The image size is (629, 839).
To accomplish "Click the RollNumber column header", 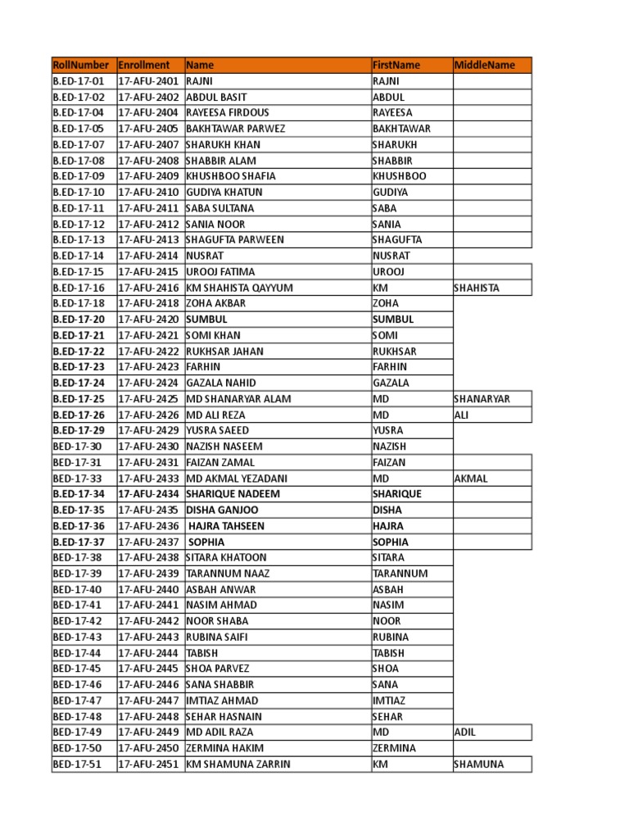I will (80, 65).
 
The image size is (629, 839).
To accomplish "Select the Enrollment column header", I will (144, 65).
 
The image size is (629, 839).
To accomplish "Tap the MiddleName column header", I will (485, 65).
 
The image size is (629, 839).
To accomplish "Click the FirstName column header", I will (396, 65).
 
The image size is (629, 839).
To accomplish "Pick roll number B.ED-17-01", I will (79, 81).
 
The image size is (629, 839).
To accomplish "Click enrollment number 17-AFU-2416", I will (148, 288).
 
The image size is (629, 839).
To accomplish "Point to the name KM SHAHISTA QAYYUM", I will (239, 288).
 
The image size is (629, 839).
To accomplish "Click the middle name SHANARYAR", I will (482, 399).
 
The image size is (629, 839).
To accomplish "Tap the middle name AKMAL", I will (470, 478).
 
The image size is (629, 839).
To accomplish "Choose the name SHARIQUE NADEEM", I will (233, 494).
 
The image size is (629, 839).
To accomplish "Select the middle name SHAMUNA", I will (479, 764).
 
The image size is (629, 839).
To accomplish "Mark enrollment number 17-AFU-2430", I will (148, 447).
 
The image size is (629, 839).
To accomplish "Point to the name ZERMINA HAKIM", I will (221, 748).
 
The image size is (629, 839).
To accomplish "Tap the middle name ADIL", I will (464, 732).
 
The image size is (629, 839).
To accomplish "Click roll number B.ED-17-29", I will (79, 430).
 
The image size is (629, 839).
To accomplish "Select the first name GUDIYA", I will (390, 193).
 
